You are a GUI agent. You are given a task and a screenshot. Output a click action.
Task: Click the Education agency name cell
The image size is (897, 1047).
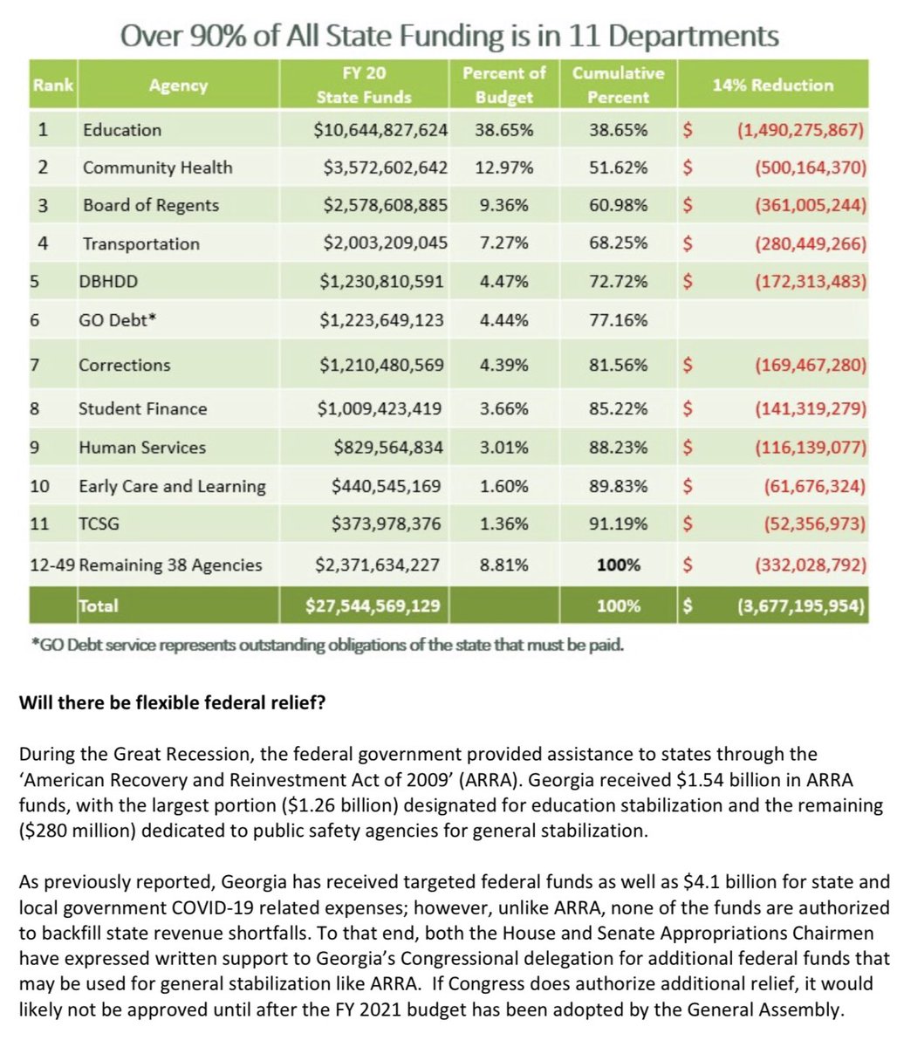pos(122,130)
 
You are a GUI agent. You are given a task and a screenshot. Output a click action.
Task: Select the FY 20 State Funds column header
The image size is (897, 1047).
pos(363,85)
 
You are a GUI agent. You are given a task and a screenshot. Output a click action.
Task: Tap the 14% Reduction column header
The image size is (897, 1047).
pos(772,86)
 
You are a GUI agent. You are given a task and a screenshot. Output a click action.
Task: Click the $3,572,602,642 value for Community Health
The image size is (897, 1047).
pos(380,168)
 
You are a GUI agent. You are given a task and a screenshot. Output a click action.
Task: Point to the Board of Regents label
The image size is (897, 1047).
pos(151,206)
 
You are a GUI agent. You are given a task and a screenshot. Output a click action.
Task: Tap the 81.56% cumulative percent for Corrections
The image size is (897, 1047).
pos(618,366)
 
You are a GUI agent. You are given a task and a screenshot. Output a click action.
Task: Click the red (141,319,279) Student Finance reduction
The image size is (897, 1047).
pos(810,409)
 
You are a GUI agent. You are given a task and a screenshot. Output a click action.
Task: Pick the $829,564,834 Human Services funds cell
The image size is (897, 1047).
pos(388,448)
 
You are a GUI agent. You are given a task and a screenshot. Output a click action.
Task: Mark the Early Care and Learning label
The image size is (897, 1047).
pos(172,486)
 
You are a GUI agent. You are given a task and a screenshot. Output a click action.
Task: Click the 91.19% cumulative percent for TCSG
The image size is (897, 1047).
pos(618,524)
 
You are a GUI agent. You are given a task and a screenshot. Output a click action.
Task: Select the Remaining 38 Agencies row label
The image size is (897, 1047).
pos(170,565)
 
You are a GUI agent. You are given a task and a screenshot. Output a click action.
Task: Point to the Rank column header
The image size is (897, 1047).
pos(52,86)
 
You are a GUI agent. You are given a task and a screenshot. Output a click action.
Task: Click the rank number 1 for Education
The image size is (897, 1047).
pos(42,130)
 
